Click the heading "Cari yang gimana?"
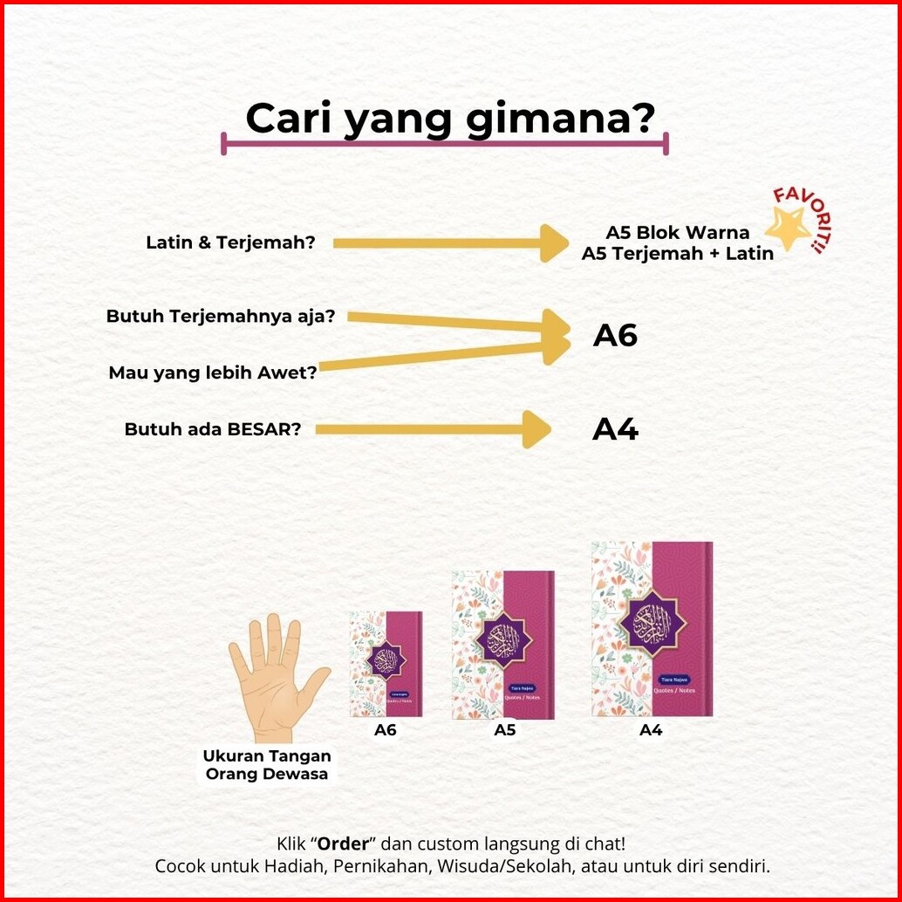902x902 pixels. point(449,119)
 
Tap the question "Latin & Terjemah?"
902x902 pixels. point(230,243)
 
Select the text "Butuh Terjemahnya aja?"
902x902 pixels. point(221,316)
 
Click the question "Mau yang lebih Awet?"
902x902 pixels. point(213,372)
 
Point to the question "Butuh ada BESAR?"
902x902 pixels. point(213,429)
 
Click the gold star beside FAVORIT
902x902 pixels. point(788,229)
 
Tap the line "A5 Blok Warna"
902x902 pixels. point(678,233)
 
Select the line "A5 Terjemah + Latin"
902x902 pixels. point(678,254)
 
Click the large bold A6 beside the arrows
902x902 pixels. point(616,335)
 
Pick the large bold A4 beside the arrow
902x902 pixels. point(616,429)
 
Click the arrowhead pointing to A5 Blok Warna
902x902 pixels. point(555,243)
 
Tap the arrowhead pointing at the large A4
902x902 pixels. point(537,429)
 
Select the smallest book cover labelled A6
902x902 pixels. point(386,664)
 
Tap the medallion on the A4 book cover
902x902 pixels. point(652,620)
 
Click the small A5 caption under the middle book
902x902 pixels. point(505,730)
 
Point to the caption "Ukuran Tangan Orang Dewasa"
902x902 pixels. point(267,764)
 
